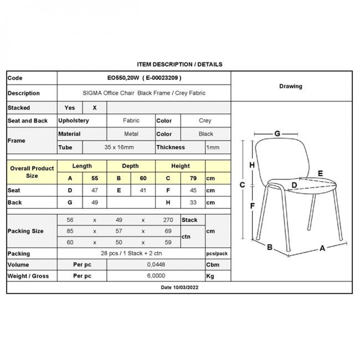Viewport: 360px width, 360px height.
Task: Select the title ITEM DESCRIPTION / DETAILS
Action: (180, 64)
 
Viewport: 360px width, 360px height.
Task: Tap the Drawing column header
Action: (291, 86)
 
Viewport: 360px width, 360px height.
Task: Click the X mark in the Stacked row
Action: (95, 108)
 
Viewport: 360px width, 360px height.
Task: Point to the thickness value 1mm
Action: (213, 147)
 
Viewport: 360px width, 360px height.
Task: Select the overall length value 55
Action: (95, 178)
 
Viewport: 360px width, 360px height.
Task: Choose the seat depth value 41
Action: (143, 190)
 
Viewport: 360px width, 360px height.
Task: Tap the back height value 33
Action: (193, 203)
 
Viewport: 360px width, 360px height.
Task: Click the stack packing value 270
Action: (168, 220)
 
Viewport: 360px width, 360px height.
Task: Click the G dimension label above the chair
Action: (277, 134)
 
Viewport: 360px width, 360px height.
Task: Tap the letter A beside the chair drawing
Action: (322, 248)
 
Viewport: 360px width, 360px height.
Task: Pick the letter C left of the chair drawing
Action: (242, 185)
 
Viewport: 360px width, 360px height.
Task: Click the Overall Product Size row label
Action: (32, 172)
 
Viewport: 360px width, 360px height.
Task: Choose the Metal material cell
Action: (131, 134)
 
